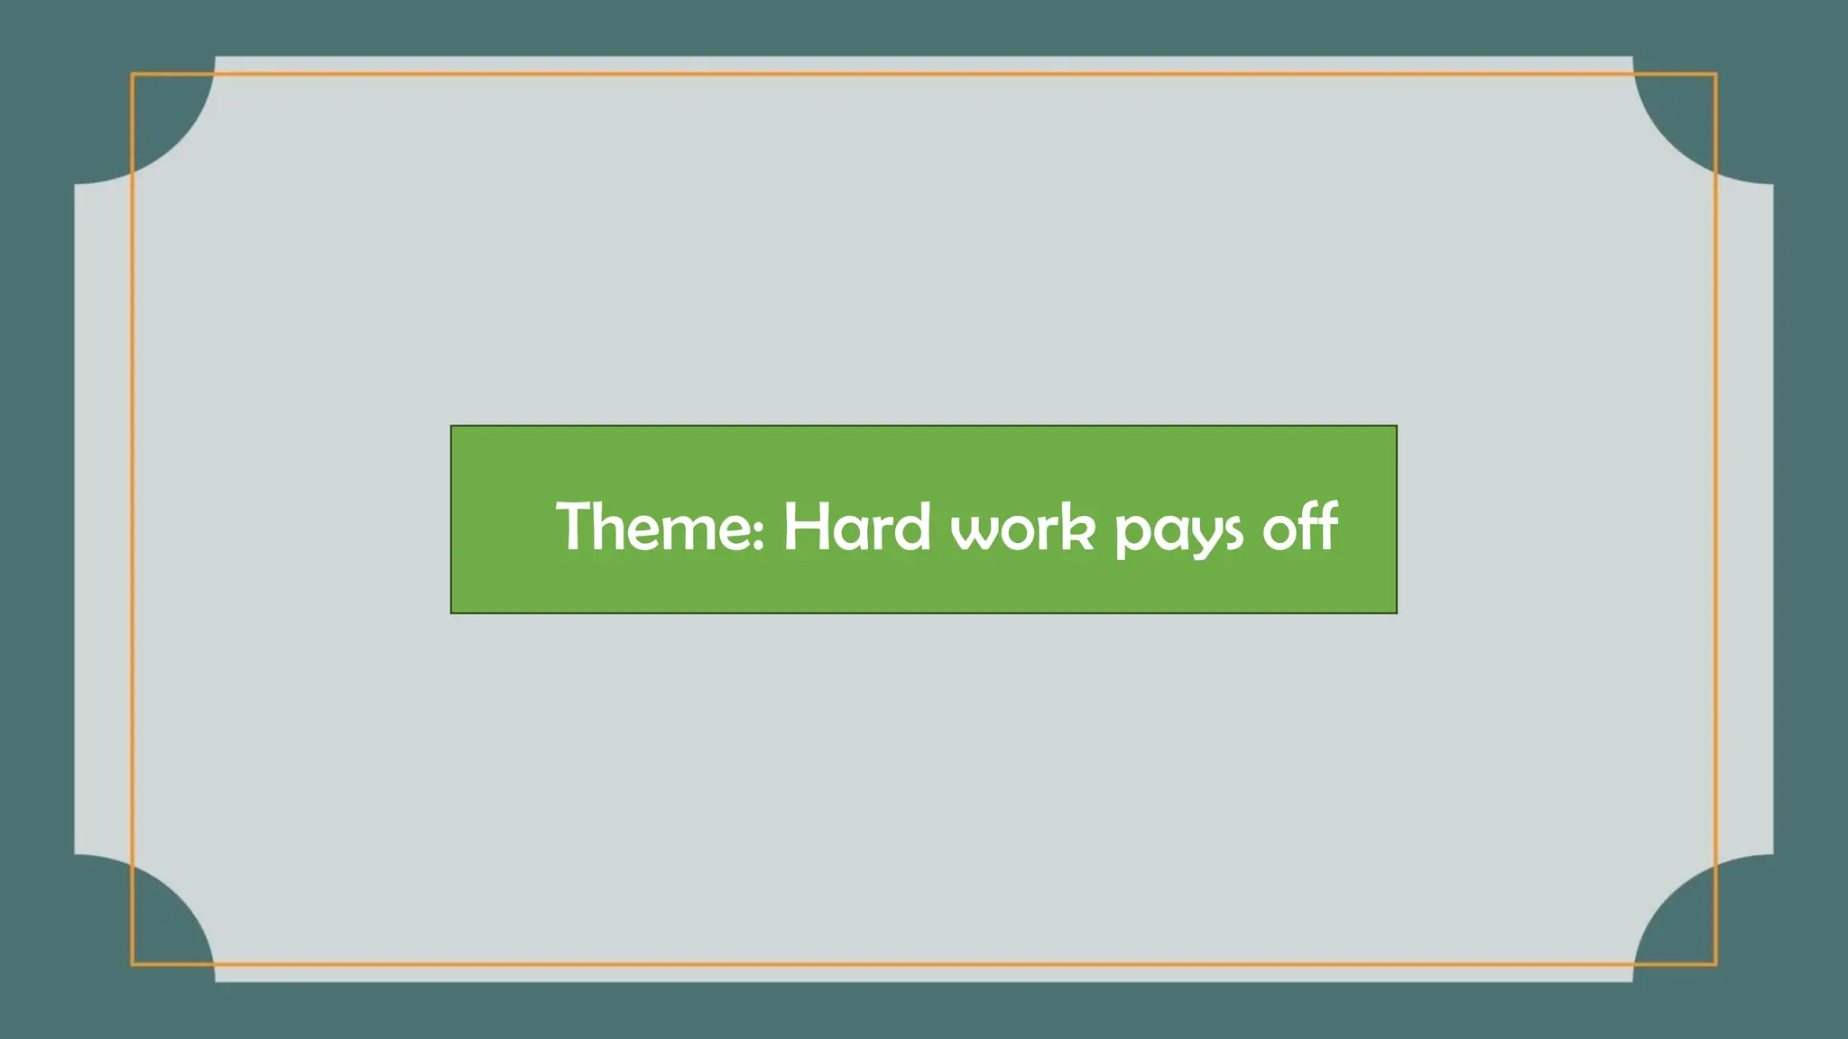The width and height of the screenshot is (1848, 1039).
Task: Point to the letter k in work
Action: [x=1077, y=527]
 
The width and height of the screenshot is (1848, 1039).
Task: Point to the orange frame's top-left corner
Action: [x=133, y=75]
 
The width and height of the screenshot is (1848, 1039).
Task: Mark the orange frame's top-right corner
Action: [x=1715, y=75]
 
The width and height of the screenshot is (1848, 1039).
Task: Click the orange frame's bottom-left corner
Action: [x=133, y=964]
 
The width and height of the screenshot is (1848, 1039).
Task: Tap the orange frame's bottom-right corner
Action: [x=1715, y=964]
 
